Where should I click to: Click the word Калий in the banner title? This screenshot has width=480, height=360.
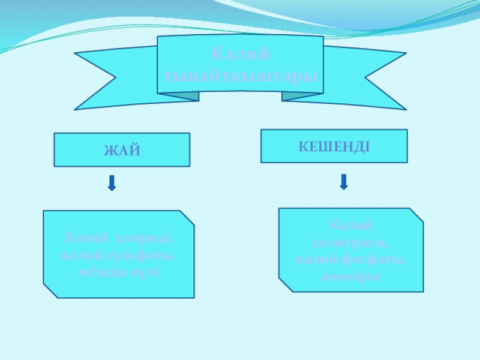click(241, 55)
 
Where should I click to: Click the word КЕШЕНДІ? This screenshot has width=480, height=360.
click(334, 146)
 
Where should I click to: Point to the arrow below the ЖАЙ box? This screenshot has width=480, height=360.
click(112, 183)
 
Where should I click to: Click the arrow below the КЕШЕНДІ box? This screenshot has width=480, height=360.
click(344, 182)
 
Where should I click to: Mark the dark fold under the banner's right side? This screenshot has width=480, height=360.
click(294, 95)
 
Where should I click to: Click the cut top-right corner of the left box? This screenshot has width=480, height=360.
click(187, 217)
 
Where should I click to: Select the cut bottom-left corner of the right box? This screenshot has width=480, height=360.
click(285, 284)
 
